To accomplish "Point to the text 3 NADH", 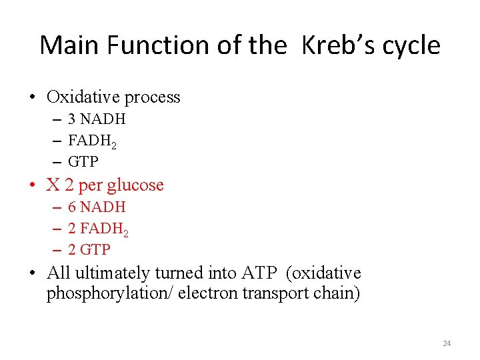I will pyautogui.click(x=97, y=119).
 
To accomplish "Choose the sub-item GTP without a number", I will pyautogui.click(x=83, y=161).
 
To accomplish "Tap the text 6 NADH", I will pyautogui.click(x=97, y=207).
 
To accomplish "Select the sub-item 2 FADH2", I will pyautogui.click(x=98, y=229).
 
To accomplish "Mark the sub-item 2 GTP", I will pyautogui.click(x=89, y=249).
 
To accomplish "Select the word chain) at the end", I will pyautogui.click(x=337, y=294).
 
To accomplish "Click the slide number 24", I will pyautogui.click(x=447, y=343).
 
